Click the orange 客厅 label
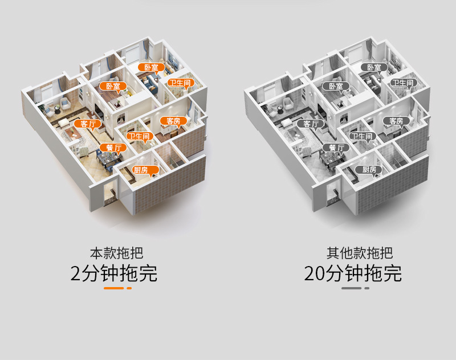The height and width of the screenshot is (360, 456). pos(87,124)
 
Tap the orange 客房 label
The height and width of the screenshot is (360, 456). pos(173,121)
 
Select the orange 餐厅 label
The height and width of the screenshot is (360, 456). pos(113,148)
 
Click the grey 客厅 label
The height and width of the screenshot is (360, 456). pos(310,124)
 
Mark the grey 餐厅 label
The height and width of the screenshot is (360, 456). pos(336,148)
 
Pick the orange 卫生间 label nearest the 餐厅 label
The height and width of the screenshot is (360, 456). pos(139,137)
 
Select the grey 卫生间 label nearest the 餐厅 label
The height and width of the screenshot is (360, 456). pos(361,137)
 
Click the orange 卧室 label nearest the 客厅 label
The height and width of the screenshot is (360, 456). pos(113,87)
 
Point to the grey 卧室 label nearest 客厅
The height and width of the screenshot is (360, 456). pos(336,87)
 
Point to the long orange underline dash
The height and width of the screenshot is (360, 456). pos(114,288)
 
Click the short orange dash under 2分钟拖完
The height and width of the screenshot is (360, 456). pos(129,288)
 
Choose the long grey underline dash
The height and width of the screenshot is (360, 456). pos(351,288)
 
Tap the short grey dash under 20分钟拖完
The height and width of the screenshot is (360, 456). pos(367,288)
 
